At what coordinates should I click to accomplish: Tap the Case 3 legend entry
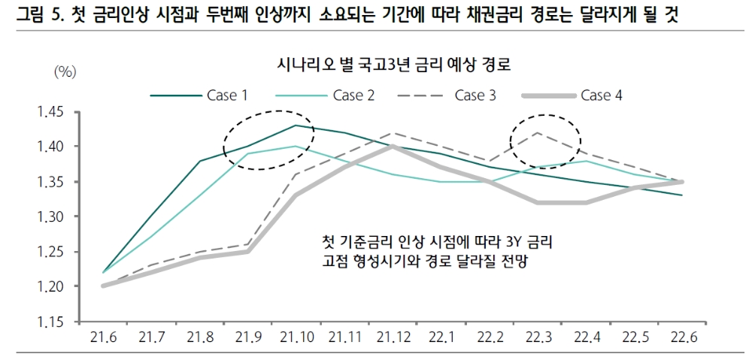(x=480, y=95)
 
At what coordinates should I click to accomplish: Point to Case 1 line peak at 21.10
(x=296, y=126)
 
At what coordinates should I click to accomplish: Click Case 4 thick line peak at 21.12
(x=392, y=147)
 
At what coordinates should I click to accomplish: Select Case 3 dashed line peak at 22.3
(x=537, y=133)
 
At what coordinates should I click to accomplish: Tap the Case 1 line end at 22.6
(x=682, y=195)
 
